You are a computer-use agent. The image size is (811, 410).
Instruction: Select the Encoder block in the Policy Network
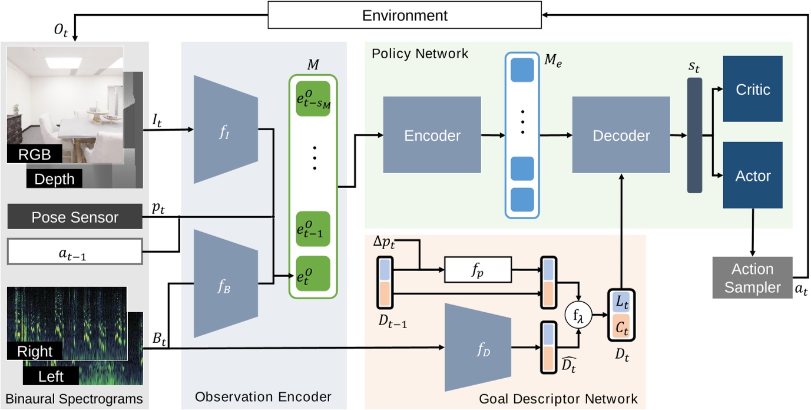(432, 135)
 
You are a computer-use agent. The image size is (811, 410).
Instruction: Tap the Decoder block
(621, 135)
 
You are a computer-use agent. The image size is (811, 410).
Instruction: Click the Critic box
(752, 90)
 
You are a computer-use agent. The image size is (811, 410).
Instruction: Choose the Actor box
(752, 175)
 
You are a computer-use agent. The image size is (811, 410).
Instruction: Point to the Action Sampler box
(752, 278)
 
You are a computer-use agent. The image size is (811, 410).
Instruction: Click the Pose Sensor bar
(75, 217)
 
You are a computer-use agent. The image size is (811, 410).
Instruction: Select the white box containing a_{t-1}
(75, 252)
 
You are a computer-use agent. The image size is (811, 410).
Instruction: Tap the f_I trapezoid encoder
(226, 130)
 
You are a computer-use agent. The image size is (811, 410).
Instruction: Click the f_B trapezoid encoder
(226, 283)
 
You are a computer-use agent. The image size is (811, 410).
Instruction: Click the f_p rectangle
(478, 271)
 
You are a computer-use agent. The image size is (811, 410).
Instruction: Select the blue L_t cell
(621, 302)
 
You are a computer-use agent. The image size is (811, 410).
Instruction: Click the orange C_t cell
(621, 327)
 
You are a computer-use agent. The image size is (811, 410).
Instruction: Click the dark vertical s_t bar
(694, 135)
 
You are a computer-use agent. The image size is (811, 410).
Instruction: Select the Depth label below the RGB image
(54, 178)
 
